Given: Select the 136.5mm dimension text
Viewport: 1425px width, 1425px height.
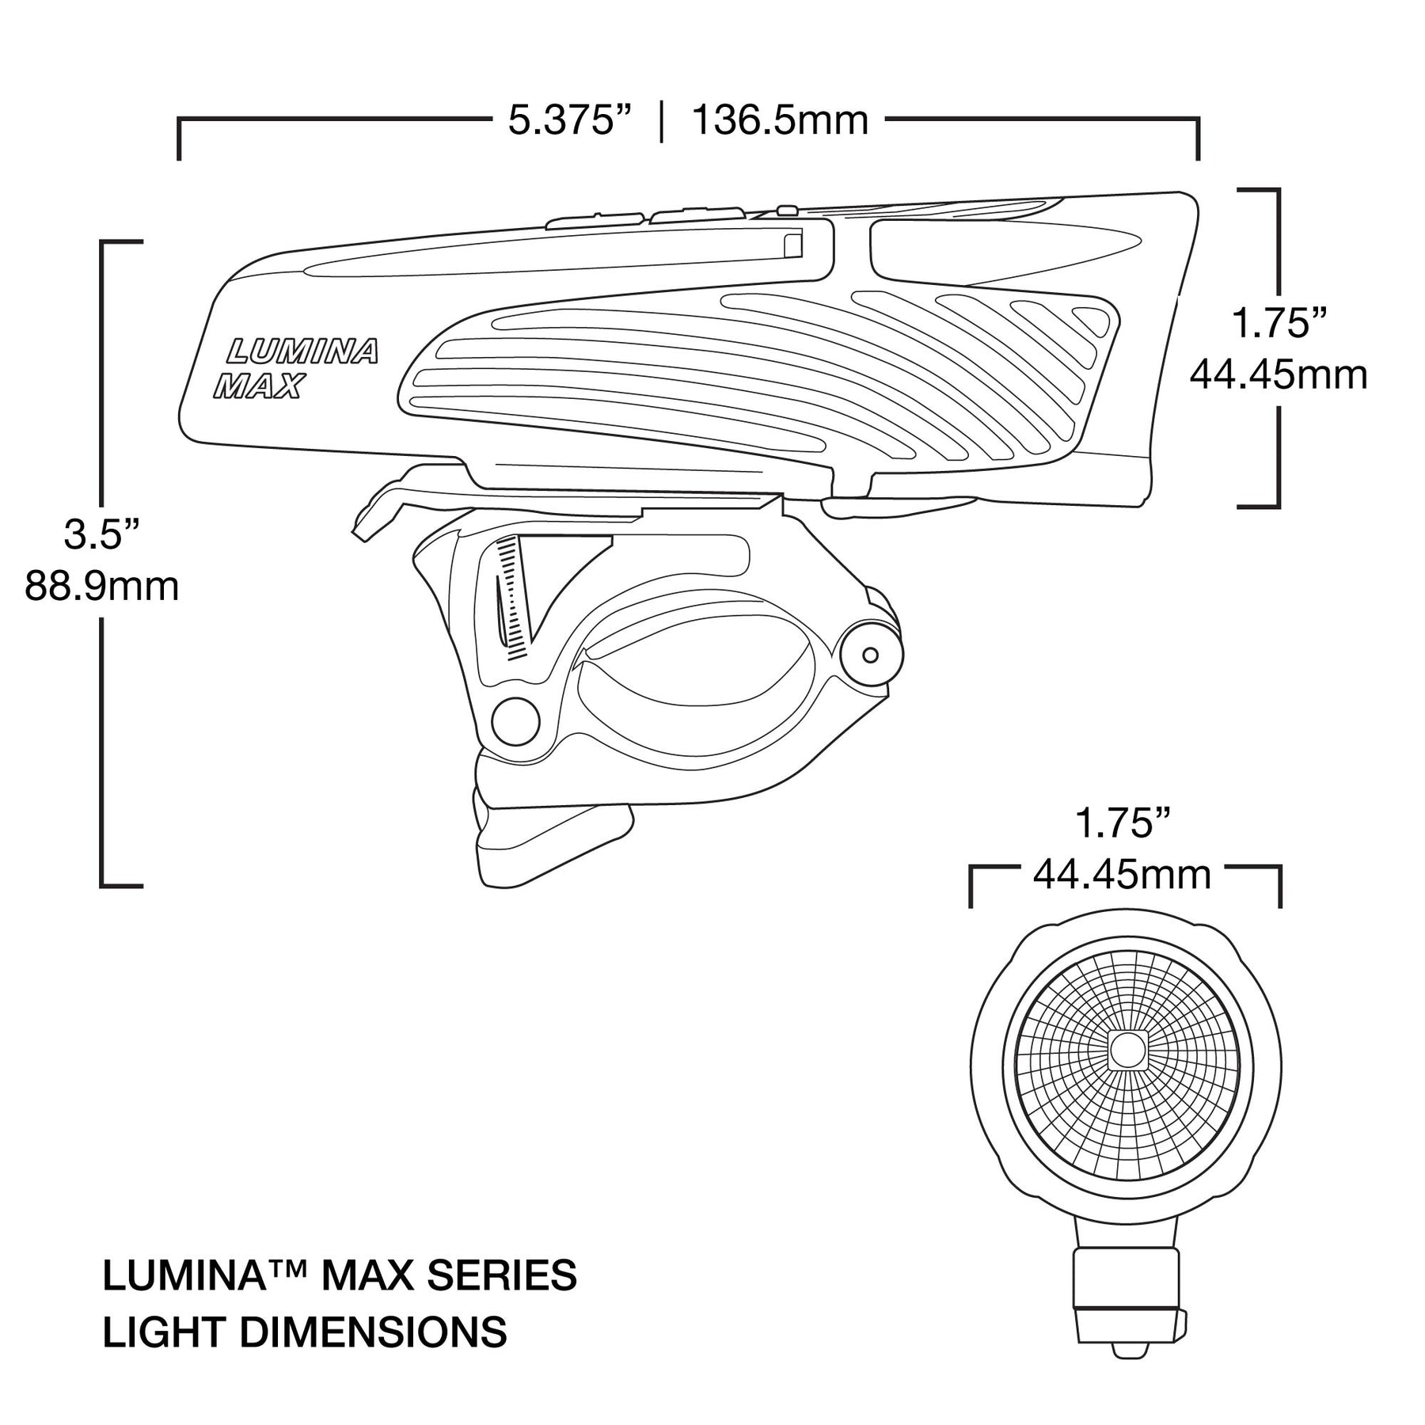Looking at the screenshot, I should pos(780,121).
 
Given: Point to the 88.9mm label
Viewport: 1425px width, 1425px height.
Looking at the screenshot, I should pos(101,587).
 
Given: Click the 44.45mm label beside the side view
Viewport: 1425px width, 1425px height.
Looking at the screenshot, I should pos(1279,374).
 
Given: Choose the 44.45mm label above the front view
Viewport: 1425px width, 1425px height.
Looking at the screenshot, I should pos(1122,876).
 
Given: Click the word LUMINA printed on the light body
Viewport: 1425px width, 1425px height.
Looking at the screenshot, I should pos(303,351).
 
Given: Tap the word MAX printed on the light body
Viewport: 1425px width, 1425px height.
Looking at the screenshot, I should pos(260,386).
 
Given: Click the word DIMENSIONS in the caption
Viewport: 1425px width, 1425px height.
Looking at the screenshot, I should pos(373,1332).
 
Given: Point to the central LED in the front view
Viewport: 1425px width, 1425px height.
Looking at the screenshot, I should pos(1123,1049).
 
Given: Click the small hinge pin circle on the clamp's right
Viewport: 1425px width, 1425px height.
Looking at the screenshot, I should pos(870,655).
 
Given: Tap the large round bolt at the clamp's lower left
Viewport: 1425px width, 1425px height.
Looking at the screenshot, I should pos(515,721).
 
